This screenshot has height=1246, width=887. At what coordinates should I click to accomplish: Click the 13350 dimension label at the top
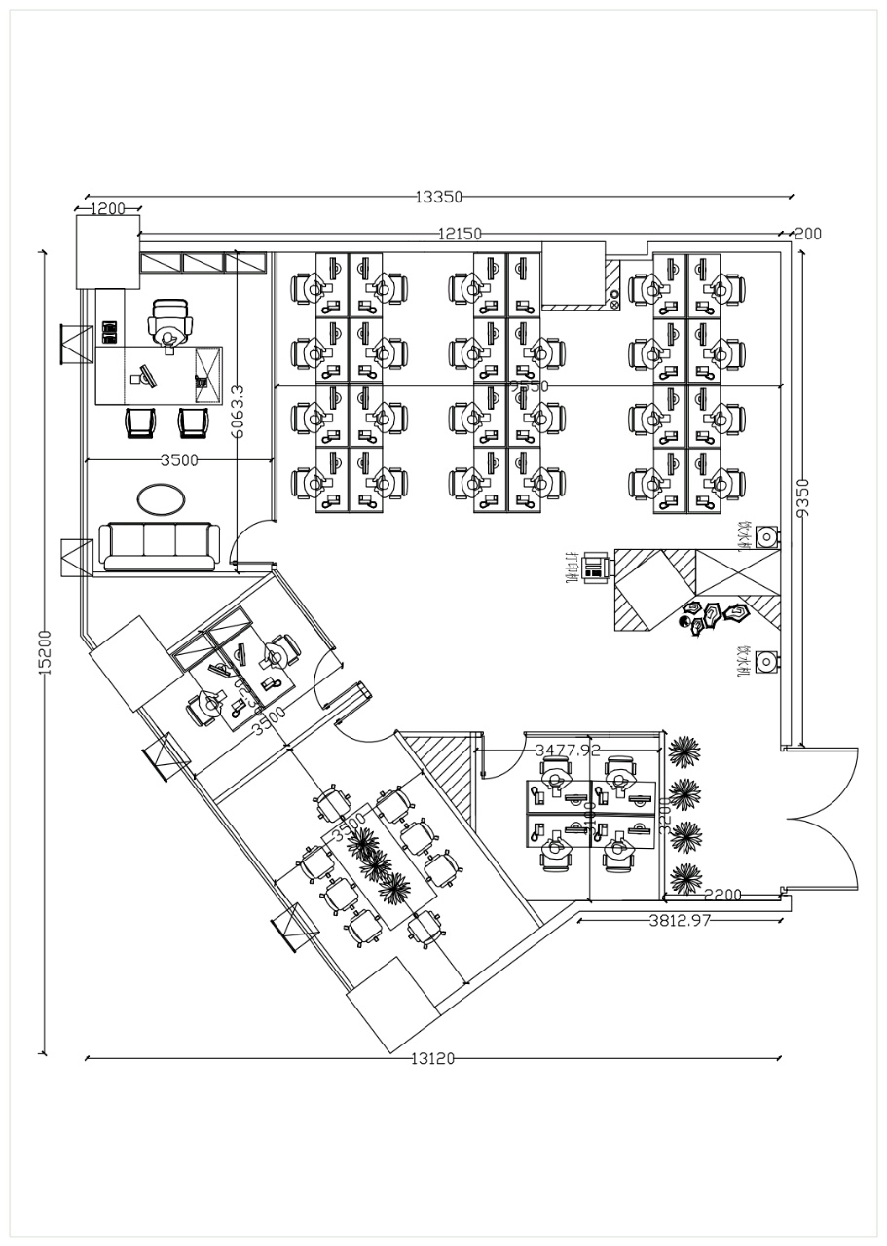pyautogui.click(x=438, y=197)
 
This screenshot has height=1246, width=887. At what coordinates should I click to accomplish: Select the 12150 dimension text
pyautogui.click(x=459, y=234)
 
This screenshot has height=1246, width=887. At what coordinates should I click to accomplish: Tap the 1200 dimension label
pyautogui.click(x=108, y=208)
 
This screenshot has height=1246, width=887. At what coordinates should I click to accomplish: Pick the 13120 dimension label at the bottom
pyautogui.click(x=432, y=1059)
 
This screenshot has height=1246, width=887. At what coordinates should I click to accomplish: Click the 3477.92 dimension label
pyautogui.click(x=568, y=750)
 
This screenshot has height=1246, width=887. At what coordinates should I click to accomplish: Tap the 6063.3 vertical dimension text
pyautogui.click(x=237, y=413)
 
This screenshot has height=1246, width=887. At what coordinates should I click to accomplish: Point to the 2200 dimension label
pyautogui.click(x=722, y=895)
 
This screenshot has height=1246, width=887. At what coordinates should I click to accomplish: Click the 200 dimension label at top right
pyautogui.click(x=807, y=234)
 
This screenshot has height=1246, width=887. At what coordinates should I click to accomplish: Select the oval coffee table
pyautogui.click(x=161, y=499)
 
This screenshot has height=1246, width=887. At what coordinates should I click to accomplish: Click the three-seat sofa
pyautogui.click(x=160, y=546)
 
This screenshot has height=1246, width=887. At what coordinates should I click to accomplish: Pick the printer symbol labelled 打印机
pyautogui.click(x=594, y=568)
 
